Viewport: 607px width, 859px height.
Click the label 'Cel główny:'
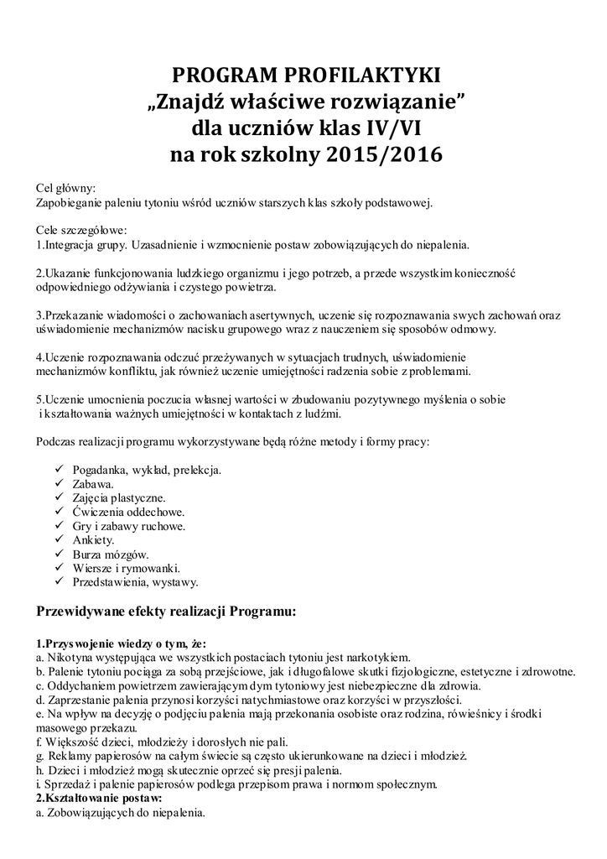(66, 188)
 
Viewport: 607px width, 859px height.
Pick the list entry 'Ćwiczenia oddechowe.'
(128, 512)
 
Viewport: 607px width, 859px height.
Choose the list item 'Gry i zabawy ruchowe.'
(129, 526)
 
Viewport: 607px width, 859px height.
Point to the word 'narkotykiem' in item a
(380, 658)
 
